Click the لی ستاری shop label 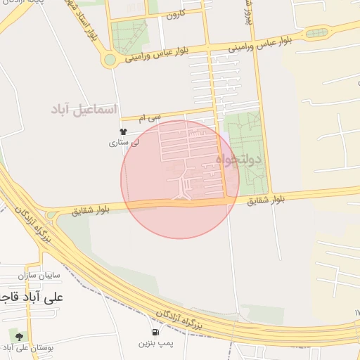[124, 143]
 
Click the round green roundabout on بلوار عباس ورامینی [109, 60]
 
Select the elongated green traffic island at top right [316, 33]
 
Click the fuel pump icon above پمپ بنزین [155, 331]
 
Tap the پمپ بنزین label [154, 343]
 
